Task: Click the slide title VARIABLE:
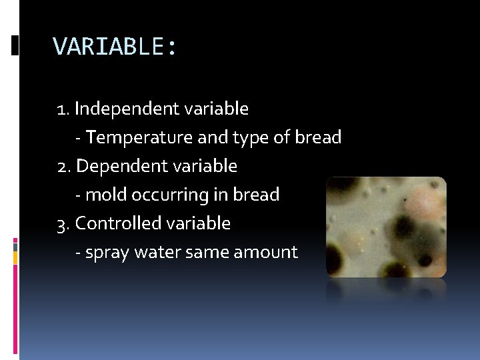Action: click(115, 47)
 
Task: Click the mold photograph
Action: click(385, 227)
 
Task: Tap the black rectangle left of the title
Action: click(15, 45)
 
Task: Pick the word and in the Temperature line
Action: click(213, 138)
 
